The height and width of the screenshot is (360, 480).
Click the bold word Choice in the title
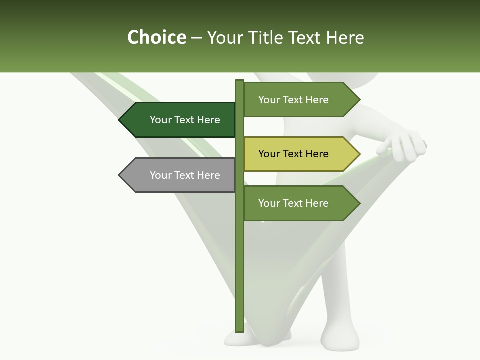(x=156, y=37)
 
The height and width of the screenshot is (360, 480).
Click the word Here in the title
(x=345, y=37)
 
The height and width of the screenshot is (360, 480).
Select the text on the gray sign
(x=185, y=175)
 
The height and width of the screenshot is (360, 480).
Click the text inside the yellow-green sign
(x=293, y=154)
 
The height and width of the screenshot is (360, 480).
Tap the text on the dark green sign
(x=185, y=120)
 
